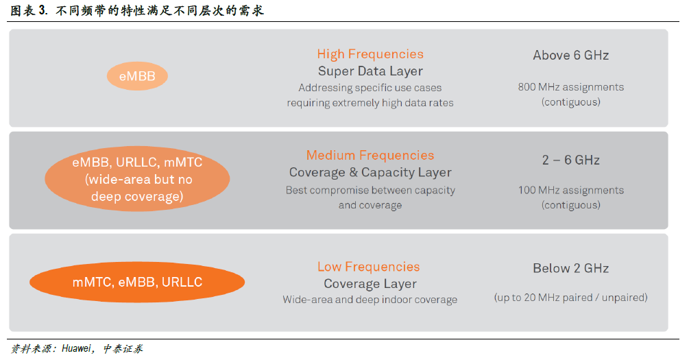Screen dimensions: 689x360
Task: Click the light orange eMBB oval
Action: (x=137, y=76)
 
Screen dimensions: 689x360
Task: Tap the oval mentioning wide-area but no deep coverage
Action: (x=137, y=179)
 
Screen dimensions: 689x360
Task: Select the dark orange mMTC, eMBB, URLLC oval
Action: (x=137, y=282)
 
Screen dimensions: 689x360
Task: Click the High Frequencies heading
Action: (x=370, y=54)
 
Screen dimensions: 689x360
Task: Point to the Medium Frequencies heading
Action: (x=370, y=155)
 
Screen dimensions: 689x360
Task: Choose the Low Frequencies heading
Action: (x=369, y=267)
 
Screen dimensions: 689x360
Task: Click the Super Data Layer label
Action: (x=370, y=71)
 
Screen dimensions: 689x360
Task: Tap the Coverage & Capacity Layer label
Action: (x=370, y=172)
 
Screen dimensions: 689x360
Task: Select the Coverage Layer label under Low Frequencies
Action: (x=370, y=284)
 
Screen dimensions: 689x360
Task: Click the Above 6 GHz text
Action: (x=571, y=56)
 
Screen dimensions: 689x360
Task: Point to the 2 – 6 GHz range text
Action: (x=571, y=160)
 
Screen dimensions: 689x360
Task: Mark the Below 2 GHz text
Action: (x=571, y=268)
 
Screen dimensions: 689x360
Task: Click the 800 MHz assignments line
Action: (x=571, y=87)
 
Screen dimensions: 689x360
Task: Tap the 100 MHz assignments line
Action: (x=571, y=191)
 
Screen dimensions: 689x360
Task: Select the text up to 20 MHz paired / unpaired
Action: (x=571, y=298)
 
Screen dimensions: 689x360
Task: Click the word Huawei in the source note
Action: (x=77, y=348)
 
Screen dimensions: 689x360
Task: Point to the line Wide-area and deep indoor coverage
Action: (x=370, y=300)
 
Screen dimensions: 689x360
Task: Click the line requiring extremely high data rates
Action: (x=370, y=103)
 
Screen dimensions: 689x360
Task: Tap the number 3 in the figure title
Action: (x=43, y=10)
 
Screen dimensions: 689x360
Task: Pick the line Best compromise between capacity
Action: (x=370, y=191)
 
